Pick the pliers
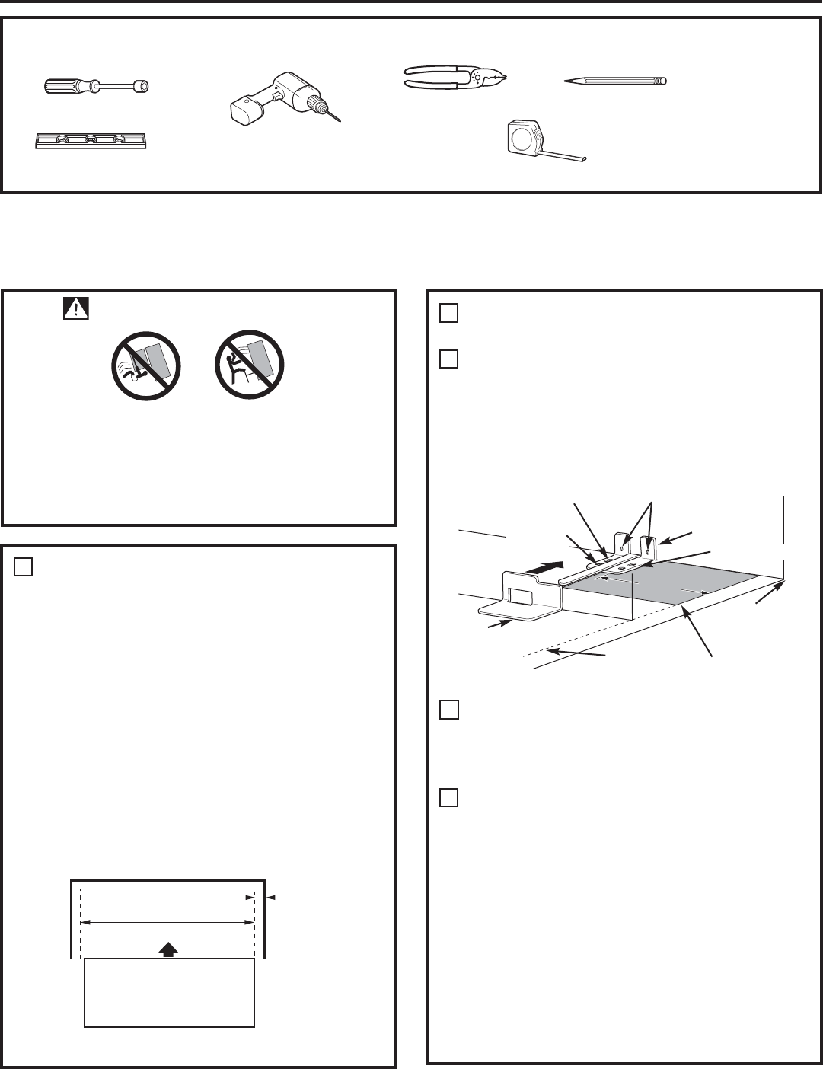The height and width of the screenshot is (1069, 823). [455, 78]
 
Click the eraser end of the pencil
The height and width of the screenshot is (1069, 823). [663, 80]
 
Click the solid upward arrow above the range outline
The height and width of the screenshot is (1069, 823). [169, 949]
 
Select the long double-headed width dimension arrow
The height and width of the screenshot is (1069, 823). [167, 922]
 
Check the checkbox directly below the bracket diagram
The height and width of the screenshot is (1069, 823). [448, 710]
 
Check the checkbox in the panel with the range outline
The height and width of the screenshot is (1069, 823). [23, 567]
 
